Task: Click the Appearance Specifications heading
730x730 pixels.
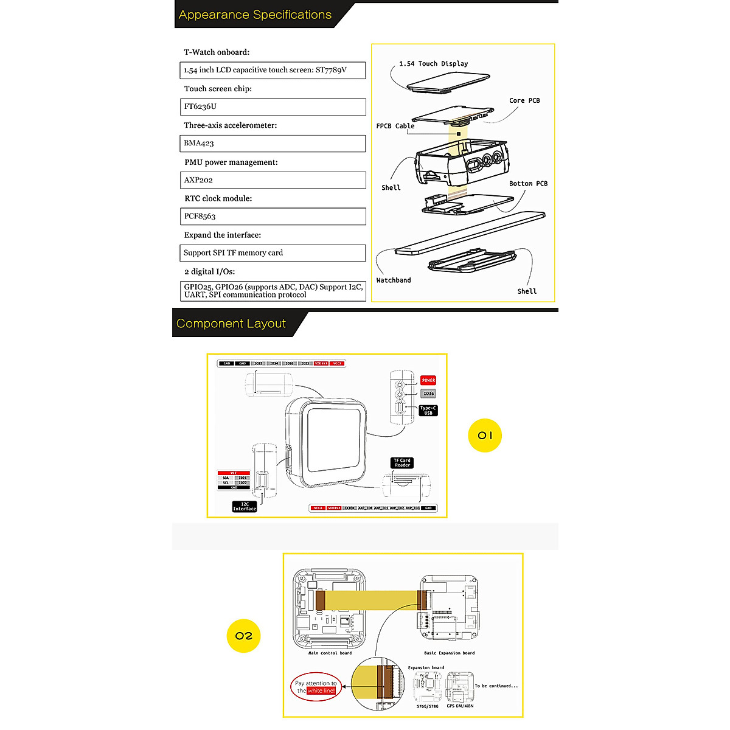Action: pyautogui.click(x=255, y=15)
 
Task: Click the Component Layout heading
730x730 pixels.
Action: pyautogui.click(x=231, y=324)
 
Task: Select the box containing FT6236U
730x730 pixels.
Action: pyautogui.click(x=273, y=106)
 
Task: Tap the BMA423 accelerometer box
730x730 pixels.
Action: pyautogui.click(x=273, y=144)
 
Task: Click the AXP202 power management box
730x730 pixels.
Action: pyautogui.click(x=273, y=180)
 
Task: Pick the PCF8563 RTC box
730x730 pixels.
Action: pyautogui.click(x=273, y=217)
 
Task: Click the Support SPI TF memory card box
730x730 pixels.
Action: pyautogui.click(x=273, y=253)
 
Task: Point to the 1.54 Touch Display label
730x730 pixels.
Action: pyautogui.click(x=433, y=63)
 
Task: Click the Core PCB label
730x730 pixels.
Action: pyautogui.click(x=524, y=100)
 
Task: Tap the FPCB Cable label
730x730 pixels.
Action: pyautogui.click(x=395, y=126)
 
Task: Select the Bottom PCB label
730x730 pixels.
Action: pyautogui.click(x=528, y=183)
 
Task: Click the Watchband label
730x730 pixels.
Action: pyautogui.click(x=393, y=280)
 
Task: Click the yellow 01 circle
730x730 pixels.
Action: pyautogui.click(x=485, y=435)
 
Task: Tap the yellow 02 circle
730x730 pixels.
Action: pyautogui.click(x=243, y=636)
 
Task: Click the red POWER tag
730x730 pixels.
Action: pyautogui.click(x=428, y=380)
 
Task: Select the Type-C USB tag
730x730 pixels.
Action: pyautogui.click(x=428, y=411)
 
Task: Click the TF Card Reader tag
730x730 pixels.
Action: pyautogui.click(x=402, y=463)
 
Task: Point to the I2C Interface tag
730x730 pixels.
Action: pyautogui.click(x=245, y=506)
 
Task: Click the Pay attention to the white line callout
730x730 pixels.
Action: pyautogui.click(x=316, y=687)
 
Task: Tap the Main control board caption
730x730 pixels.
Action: pyautogui.click(x=330, y=653)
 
